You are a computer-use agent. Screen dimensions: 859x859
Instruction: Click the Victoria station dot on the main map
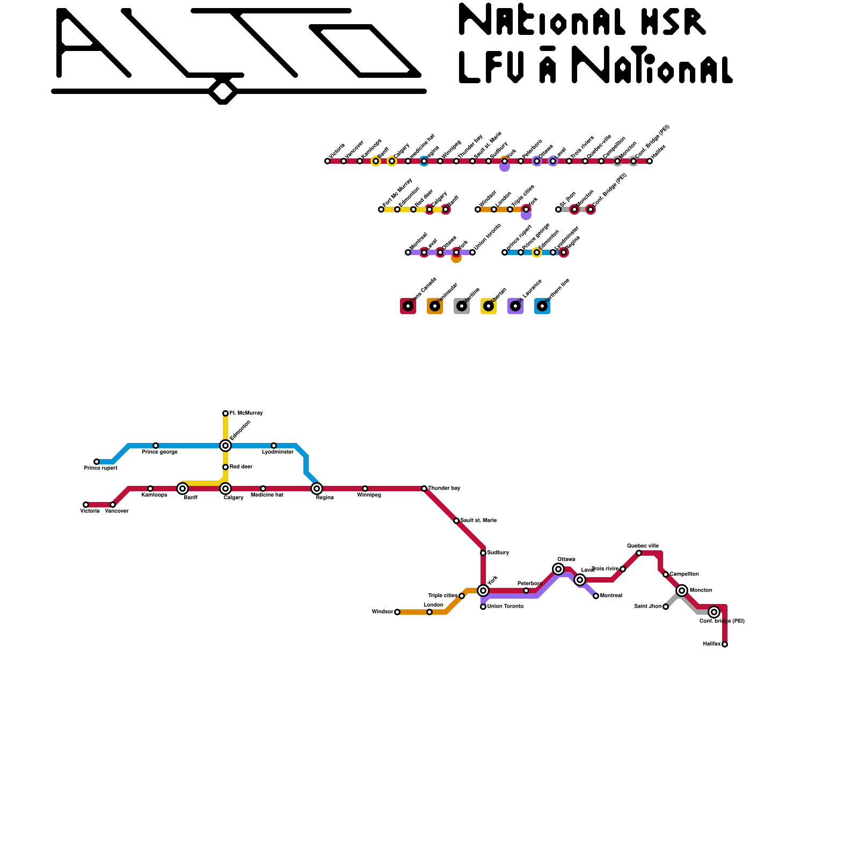(86, 505)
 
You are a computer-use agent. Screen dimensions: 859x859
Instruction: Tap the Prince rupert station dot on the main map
(97, 462)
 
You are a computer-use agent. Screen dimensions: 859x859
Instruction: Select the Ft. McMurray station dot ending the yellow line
(225, 413)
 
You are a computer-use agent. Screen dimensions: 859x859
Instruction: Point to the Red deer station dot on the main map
(225, 467)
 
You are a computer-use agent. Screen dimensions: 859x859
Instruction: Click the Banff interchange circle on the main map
(183, 489)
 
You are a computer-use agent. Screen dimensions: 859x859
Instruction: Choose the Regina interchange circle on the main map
(317, 489)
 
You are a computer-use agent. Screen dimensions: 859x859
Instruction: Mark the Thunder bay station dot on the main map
(424, 489)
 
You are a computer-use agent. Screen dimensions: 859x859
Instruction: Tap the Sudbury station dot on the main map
(483, 553)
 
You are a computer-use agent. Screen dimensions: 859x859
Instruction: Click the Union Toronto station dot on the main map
(483, 607)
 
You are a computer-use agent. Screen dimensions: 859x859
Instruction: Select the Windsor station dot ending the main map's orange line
(397, 612)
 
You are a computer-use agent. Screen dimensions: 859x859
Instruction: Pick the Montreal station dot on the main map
(596, 596)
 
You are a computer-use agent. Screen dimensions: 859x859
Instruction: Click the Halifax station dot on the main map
(725, 644)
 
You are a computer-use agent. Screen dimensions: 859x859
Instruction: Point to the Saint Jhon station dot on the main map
(666, 607)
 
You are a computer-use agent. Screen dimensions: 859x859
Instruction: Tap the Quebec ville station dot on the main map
(639, 553)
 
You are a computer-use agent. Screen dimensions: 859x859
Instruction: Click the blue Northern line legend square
(542, 306)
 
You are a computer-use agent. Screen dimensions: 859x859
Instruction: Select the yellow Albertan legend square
(489, 306)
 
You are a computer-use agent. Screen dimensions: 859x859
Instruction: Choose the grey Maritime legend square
(462, 306)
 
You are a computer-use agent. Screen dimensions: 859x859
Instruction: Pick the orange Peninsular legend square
(435, 306)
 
